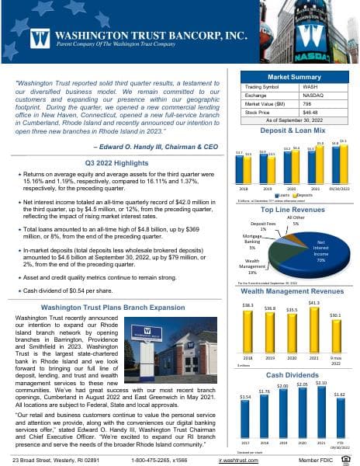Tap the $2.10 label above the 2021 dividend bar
[x=320, y=383]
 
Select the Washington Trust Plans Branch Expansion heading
[x=120, y=308]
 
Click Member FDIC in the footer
[x=329, y=461]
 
